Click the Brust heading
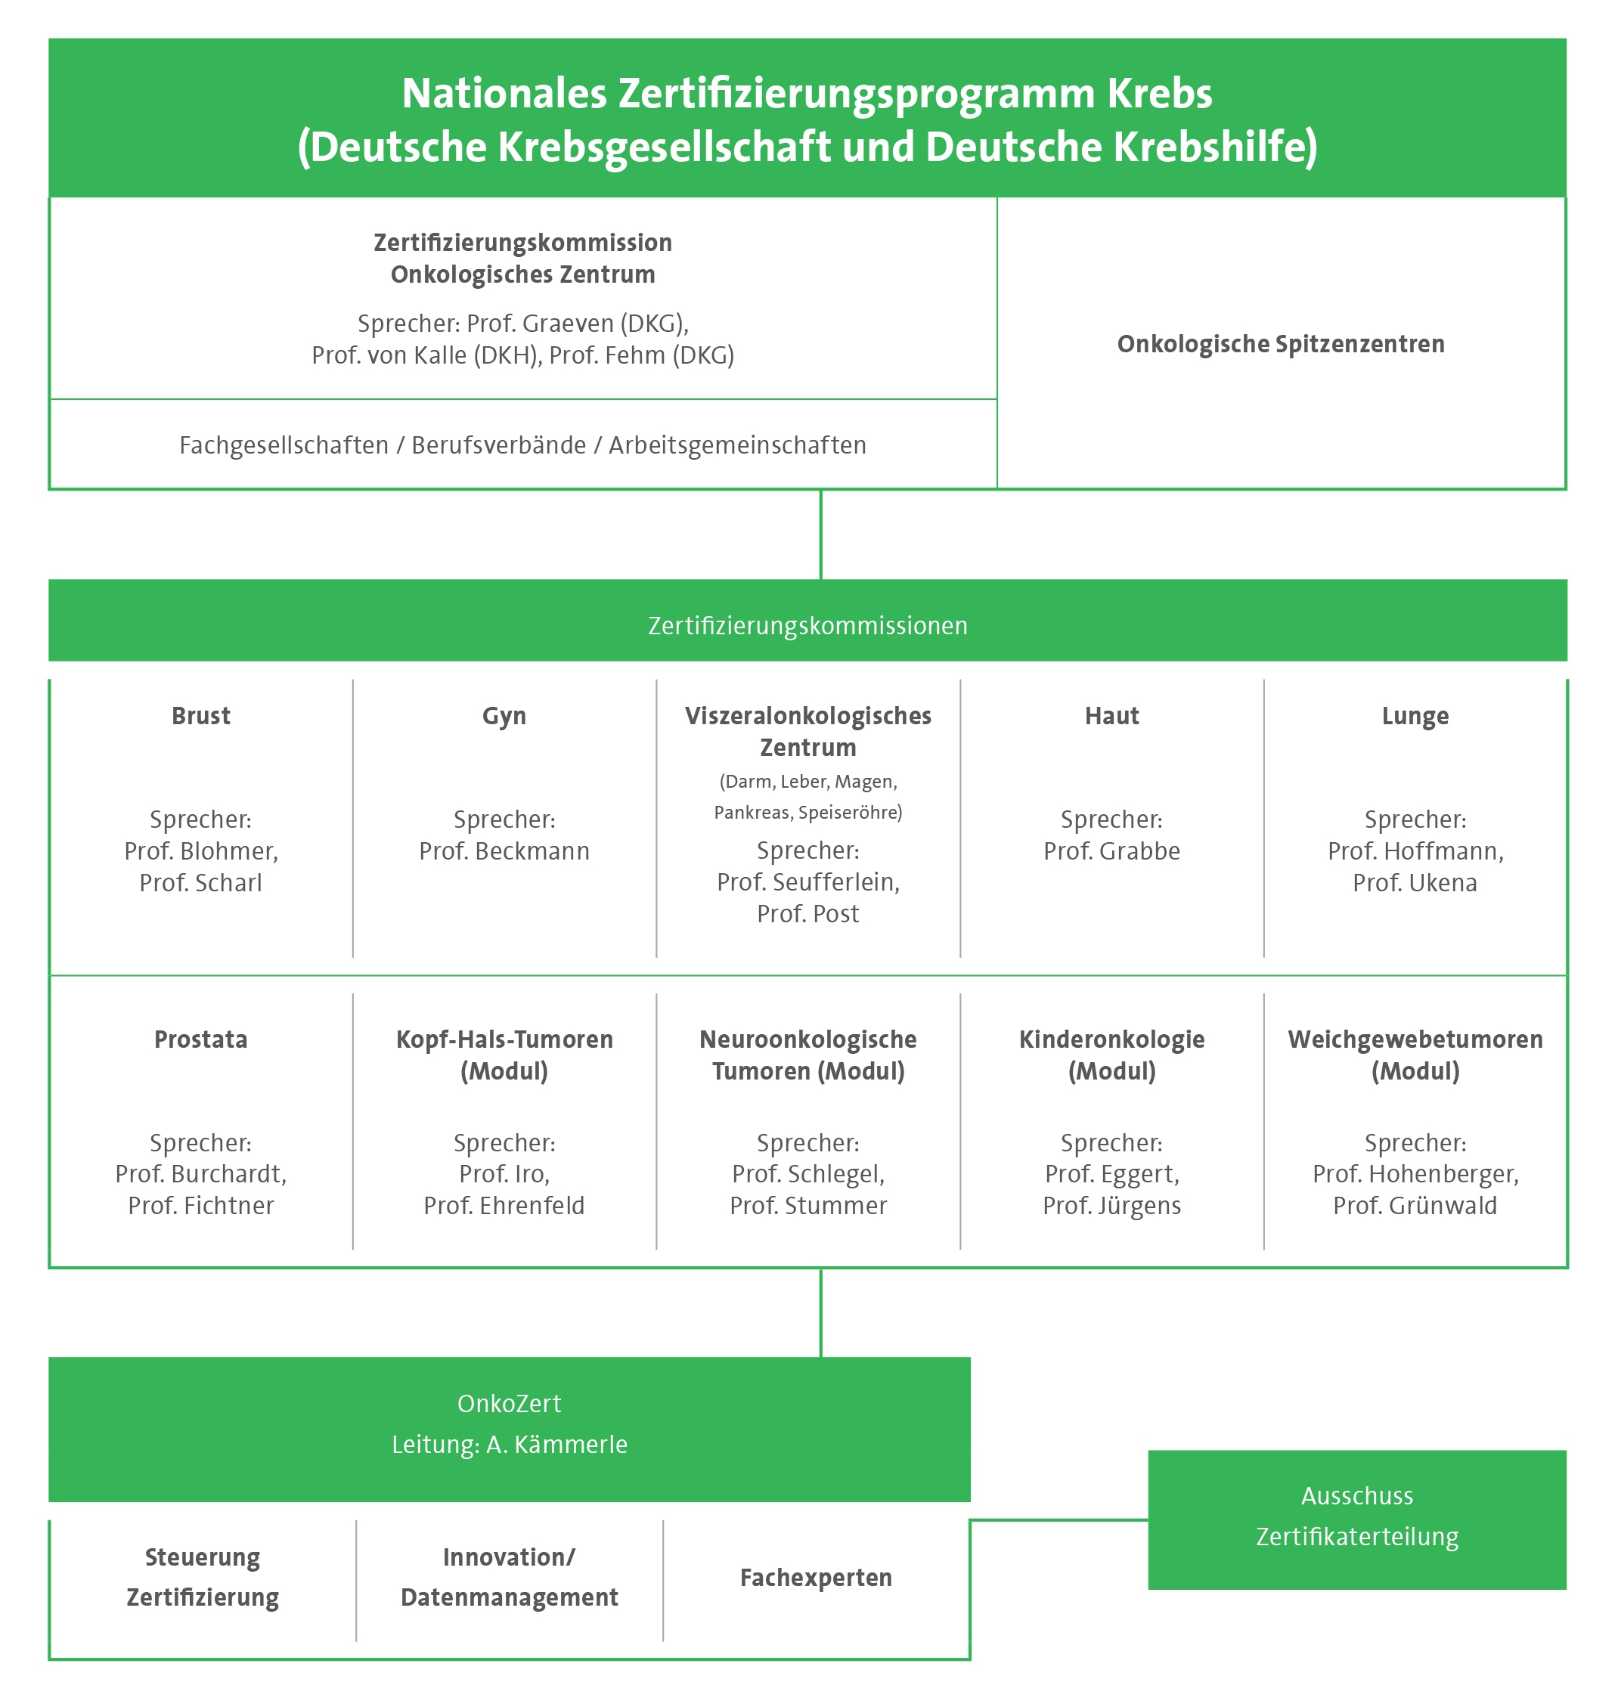tap(201, 716)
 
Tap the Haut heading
tap(1111, 716)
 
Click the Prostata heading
tap(201, 1039)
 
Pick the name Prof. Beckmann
tap(504, 851)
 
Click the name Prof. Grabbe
tap(1111, 851)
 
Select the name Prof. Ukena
tap(1415, 883)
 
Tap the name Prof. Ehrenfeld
tap(504, 1206)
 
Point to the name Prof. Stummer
tap(808, 1206)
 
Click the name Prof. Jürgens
tap(1111, 1206)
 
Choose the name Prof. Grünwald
tap(1415, 1206)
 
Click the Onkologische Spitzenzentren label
tap(1281, 344)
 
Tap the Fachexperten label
tap(816, 1578)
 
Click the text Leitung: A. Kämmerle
tap(510, 1445)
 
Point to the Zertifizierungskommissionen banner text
tap(808, 625)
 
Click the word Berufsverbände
tap(498, 445)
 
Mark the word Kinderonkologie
tap(1111, 1039)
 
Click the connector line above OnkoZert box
tap(821, 1313)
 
